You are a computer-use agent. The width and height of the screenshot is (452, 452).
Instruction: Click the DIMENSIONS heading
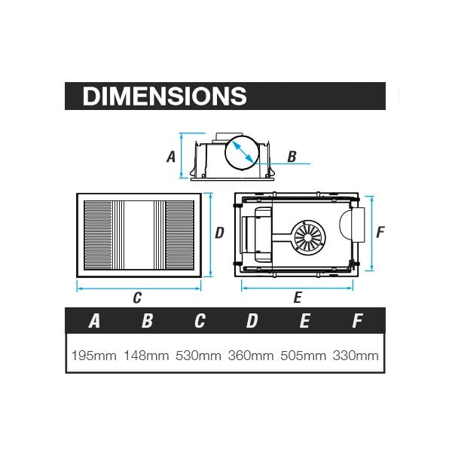[x=164, y=96]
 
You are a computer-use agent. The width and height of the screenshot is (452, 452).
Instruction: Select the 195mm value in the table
[x=94, y=356]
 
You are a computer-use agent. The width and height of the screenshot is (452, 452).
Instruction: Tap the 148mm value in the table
[x=146, y=356]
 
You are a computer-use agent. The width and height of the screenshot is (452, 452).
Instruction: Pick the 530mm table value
[x=199, y=356]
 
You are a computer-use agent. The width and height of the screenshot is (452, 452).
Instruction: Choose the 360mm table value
[x=251, y=356]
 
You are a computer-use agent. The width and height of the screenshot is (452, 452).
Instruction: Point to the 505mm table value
[x=304, y=356]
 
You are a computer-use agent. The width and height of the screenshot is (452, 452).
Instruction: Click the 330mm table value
[x=356, y=356]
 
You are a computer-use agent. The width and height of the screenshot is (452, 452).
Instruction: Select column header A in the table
[x=94, y=321]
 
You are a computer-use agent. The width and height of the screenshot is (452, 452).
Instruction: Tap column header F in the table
[x=357, y=321]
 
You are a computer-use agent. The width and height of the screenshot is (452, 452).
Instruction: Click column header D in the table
[x=252, y=321]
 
